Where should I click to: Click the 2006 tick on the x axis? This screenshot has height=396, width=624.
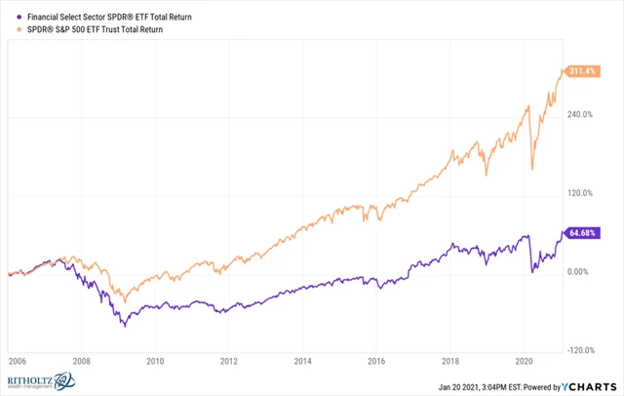click(16, 360)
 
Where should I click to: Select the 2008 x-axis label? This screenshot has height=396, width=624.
click(82, 360)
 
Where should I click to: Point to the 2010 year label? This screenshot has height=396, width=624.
click(155, 360)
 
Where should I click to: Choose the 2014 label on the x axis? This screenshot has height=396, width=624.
click(303, 360)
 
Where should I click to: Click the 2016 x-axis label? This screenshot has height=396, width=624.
click(377, 360)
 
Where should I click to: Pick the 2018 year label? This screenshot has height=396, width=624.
click(450, 360)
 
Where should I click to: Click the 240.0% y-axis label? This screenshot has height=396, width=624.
click(580, 114)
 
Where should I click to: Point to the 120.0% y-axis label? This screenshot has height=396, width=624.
click(580, 193)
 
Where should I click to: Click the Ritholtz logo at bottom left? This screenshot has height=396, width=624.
click(44, 379)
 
